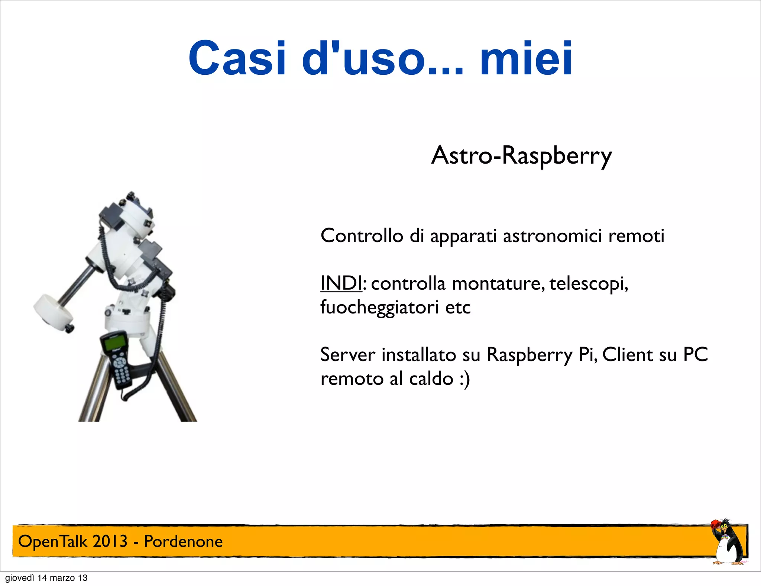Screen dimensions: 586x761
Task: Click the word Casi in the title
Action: click(237, 58)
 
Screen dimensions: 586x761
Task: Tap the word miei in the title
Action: click(526, 58)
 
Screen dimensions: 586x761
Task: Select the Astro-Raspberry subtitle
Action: click(521, 155)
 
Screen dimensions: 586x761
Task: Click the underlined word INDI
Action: click(341, 283)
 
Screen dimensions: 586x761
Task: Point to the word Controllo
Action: click(362, 236)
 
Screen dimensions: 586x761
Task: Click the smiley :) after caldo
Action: click(464, 379)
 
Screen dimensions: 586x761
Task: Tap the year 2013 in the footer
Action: click(110, 541)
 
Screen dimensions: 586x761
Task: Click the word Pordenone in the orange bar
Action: click(183, 541)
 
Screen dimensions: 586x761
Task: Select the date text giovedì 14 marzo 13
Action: click(46, 578)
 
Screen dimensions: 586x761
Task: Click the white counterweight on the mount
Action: click(53, 310)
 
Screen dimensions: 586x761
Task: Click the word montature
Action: click(496, 283)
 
